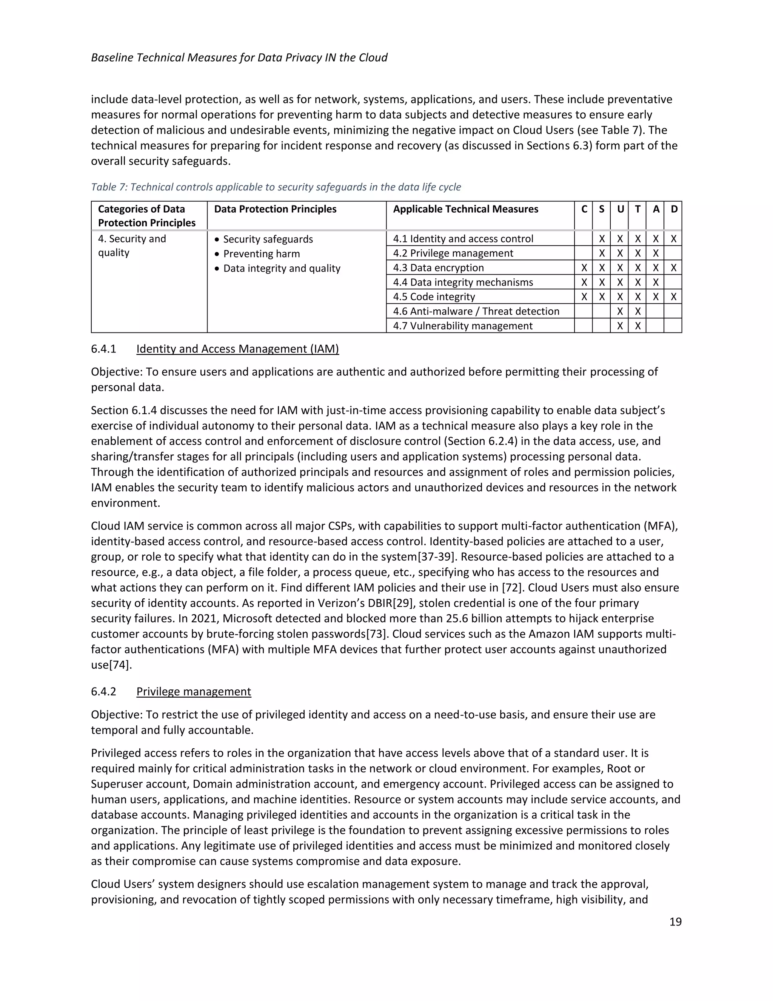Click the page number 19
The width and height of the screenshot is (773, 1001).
[675, 922]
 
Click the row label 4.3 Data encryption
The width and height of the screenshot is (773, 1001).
[438, 268]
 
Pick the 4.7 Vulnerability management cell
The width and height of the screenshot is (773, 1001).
[462, 326]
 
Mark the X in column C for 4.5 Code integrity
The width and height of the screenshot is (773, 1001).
[584, 297]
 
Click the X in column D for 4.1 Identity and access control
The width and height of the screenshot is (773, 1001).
[674, 239]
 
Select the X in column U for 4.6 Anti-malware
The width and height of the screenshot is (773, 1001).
[620, 312]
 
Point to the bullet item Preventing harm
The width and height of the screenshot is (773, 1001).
[262, 254]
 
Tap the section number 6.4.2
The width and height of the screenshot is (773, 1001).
[103, 692]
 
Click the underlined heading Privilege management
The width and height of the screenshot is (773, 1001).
[193, 692]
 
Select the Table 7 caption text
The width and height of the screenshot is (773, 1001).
[276, 187]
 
